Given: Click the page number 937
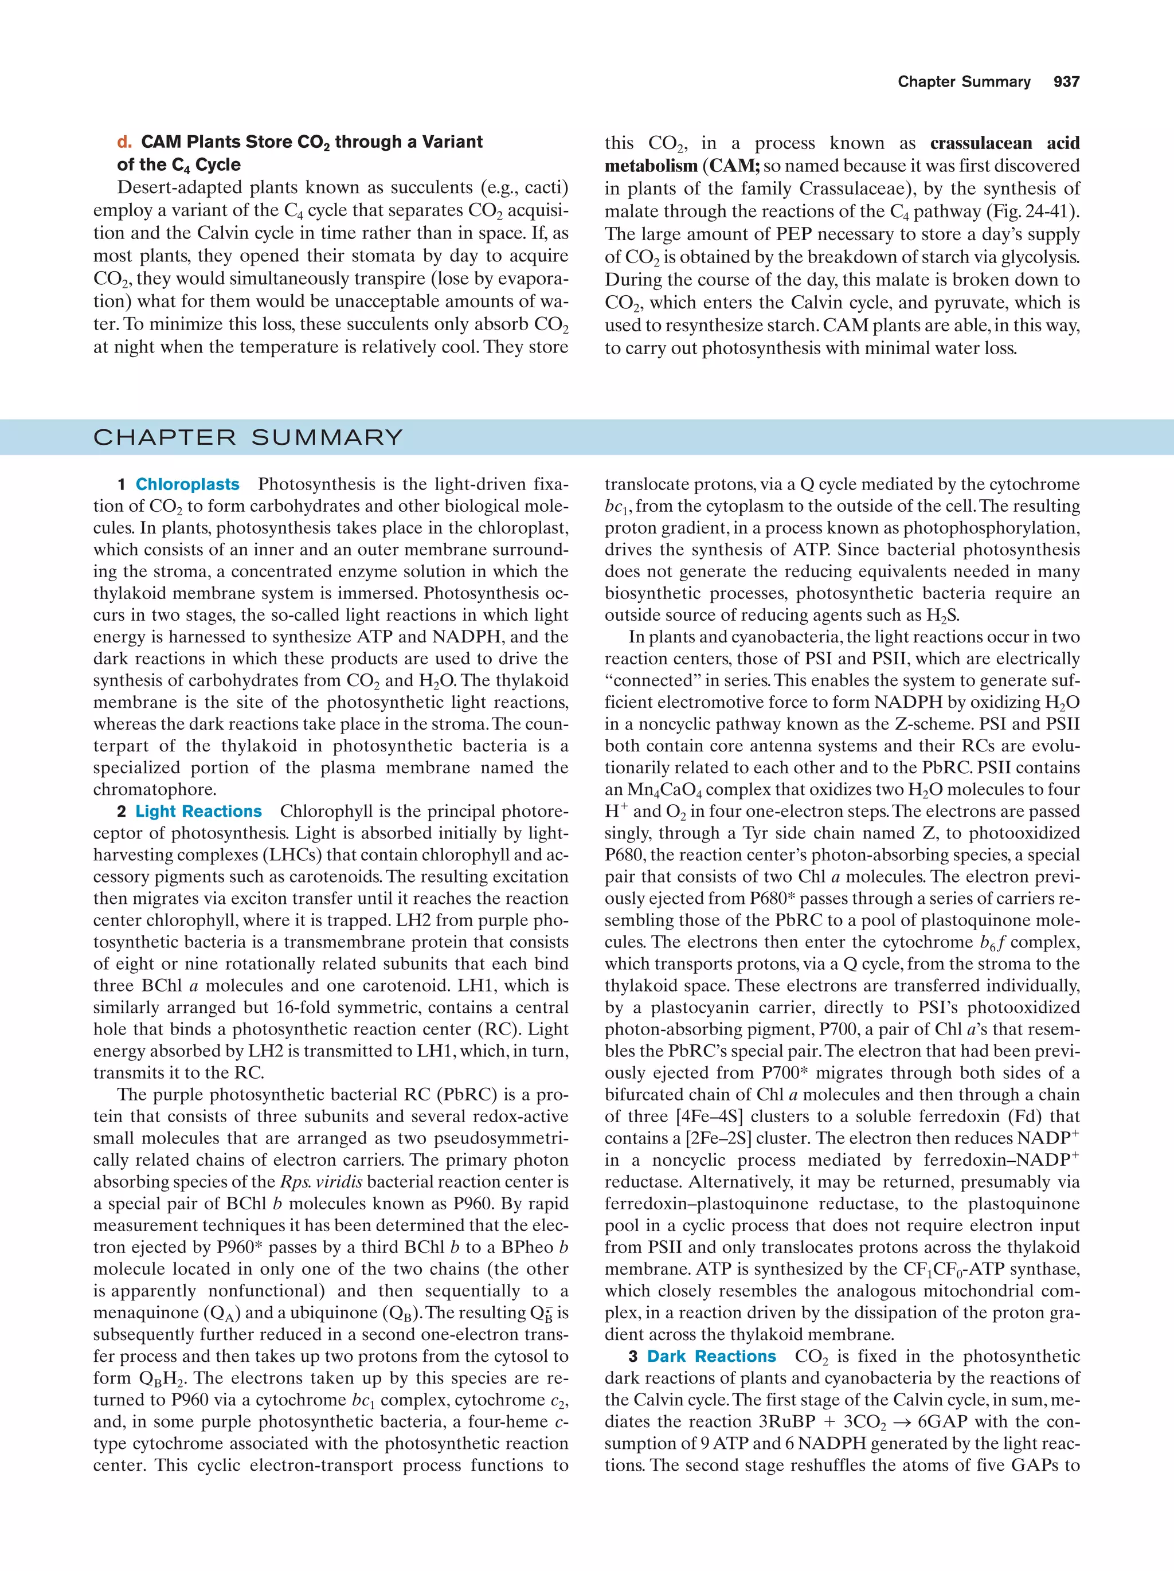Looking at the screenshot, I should click(1066, 82).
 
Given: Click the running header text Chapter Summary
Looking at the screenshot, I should click(964, 82).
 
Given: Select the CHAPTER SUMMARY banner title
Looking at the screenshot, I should click(248, 437).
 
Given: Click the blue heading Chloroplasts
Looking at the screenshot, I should click(187, 484).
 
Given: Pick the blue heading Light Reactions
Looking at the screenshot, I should click(198, 811).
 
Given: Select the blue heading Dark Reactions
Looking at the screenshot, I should click(711, 1356).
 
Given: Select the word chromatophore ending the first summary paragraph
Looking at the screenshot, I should click(154, 790).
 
